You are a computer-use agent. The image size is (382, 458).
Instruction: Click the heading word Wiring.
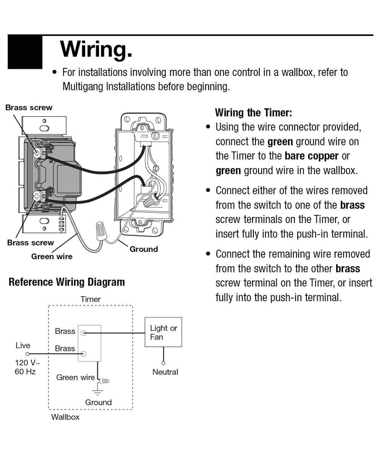[x=96, y=49]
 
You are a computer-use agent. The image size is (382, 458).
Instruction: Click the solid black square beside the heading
[x=25, y=52]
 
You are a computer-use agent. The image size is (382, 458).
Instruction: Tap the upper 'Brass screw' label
[x=29, y=108]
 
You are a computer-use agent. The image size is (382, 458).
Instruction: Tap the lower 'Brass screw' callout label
[x=31, y=243]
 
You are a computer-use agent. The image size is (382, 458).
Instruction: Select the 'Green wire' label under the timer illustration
[x=52, y=256]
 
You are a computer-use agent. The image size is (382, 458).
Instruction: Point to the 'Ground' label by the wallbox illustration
[x=144, y=249]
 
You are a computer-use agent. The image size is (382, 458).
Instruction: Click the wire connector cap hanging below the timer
[x=101, y=229]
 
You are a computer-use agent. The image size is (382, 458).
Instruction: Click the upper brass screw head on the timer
[x=37, y=153]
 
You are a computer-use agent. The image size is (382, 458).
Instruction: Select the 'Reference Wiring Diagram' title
[x=66, y=282]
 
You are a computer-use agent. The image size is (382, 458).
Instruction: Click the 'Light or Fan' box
[x=163, y=332]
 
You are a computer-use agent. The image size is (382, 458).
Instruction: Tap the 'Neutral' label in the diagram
[x=165, y=372]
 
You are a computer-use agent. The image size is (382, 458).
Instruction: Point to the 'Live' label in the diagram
[x=23, y=345]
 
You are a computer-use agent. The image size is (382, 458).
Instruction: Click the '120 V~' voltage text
[x=27, y=363]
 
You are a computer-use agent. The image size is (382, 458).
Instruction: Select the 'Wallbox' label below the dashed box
[x=65, y=417]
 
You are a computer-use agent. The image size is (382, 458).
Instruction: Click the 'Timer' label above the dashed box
[x=91, y=299]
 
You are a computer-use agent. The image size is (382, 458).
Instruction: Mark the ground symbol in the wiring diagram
[x=98, y=392]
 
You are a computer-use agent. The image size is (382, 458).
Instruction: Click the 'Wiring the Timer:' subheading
[x=253, y=113]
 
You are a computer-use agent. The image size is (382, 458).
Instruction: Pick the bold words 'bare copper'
[x=311, y=156]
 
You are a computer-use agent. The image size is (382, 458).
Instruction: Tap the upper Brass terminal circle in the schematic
[x=84, y=333]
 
